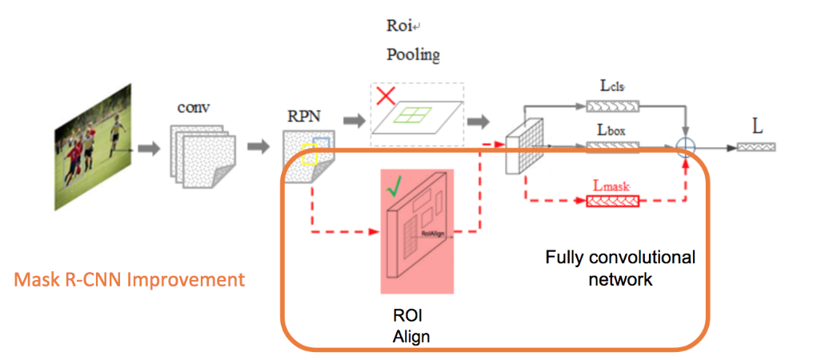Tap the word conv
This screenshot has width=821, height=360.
click(x=195, y=107)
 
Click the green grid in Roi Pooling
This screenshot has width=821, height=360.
click(x=416, y=117)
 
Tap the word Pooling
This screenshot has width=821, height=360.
click(x=413, y=55)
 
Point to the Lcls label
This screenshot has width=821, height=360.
click(x=614, y=84)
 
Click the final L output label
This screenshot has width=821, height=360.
click(x=757, y=127)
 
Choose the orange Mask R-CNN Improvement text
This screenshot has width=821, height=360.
click(x=129, y=280)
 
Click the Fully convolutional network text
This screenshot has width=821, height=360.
click(x=620, y=269)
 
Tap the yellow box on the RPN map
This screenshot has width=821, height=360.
click(x=310, y=156)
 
